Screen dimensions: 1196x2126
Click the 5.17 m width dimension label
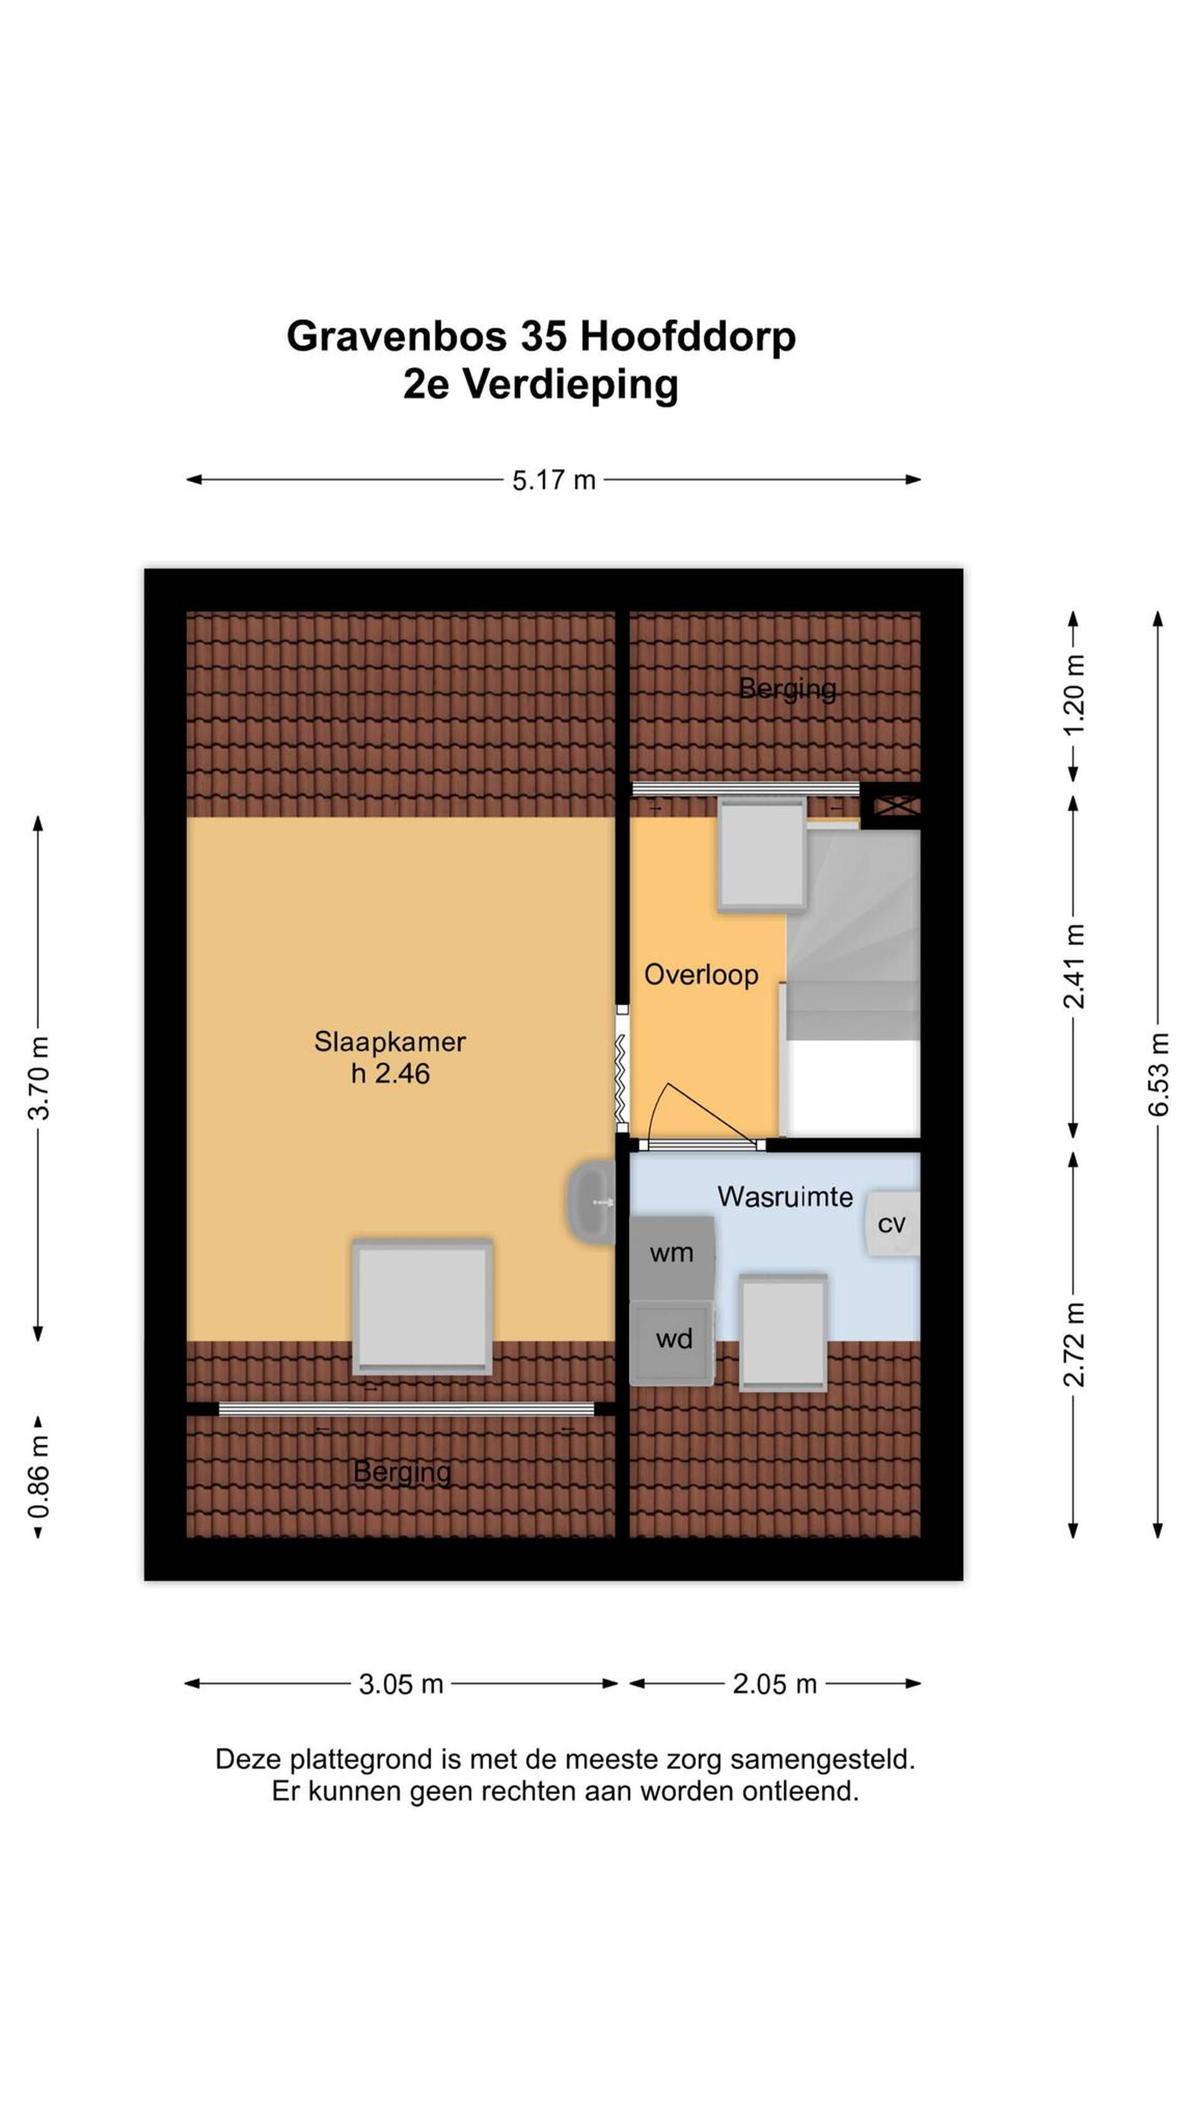553,480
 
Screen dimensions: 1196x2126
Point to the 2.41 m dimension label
1073,965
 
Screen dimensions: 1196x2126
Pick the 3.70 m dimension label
39,1077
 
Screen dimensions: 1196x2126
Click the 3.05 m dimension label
401,1684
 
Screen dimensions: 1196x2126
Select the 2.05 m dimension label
774,1684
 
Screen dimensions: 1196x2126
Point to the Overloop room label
701,975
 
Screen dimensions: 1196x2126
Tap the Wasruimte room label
785,1197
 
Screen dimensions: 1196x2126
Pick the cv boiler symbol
891,1224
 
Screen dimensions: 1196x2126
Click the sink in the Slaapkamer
591,1202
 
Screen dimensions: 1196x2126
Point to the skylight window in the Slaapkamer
422,1306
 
